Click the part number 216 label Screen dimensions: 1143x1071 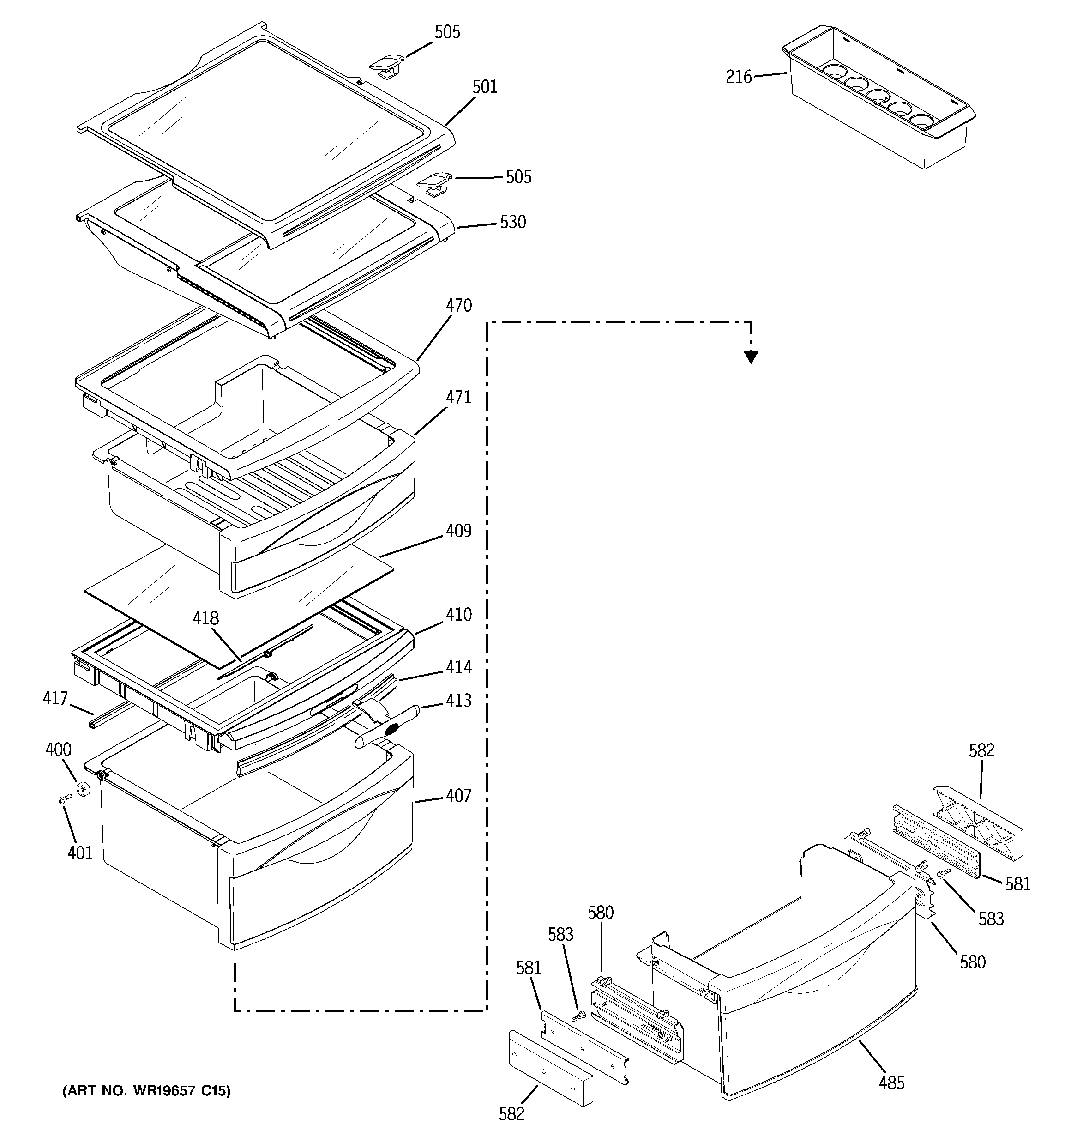click(x=738, y=77)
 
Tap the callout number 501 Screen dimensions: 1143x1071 click(x=485, y=87)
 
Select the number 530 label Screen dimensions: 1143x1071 click(x=513, y=222)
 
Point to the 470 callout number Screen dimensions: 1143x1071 click(x=459, y=305)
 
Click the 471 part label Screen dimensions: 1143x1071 click(x=459, y=397)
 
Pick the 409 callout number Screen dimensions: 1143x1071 click(x=459, y=531)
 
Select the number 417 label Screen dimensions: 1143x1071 click(x=55, y=698)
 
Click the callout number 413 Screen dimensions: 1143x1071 click(x=459, y=700)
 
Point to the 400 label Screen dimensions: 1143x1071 click(x=58, y=750)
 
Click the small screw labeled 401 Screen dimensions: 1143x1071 click(x=64, y=799)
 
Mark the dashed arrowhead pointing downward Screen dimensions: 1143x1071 click(x=751, y=357)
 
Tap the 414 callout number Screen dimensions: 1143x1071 click(x=459, y=667)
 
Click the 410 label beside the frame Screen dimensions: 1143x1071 click(x=459, y=615)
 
